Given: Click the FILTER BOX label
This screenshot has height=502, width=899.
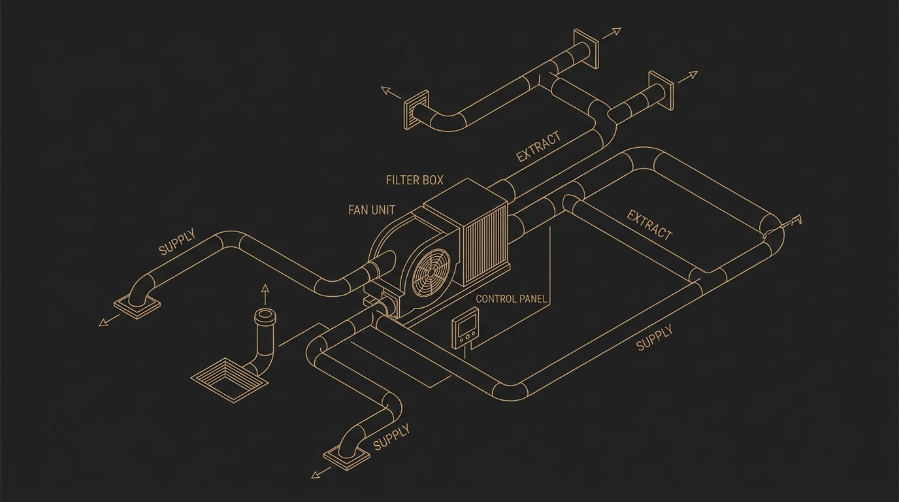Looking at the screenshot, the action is coord(415,180).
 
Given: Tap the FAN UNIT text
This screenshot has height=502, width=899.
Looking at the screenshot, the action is coord(372,210).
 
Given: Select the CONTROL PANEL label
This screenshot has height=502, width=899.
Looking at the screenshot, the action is coord(512,299).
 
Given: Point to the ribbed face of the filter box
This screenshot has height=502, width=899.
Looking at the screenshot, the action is coord(485,245).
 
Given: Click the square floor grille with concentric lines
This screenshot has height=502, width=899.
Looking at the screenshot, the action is coord(229,380).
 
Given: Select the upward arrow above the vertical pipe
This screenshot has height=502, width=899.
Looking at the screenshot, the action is coord(265,295).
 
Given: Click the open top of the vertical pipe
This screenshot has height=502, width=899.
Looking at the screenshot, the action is coord(265,314).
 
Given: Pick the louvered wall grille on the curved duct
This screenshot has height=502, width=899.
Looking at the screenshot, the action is coord(415,110).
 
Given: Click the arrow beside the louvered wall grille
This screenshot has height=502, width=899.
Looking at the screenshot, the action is coord(391,92).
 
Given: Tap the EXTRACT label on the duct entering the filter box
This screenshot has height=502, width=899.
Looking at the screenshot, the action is coord(538,146).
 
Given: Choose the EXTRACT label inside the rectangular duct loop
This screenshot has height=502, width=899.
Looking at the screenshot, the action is coord(649,225).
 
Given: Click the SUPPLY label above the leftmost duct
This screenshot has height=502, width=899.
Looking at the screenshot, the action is coord(178,242).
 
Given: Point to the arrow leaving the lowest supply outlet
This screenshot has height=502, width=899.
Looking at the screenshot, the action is coord(321,473).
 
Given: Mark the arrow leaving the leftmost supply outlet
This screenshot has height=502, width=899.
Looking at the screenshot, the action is coord(108,320).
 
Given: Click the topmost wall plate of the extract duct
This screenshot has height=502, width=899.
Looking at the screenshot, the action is coord(586,48).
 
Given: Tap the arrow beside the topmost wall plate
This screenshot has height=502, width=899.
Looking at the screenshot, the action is coord(612,33).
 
